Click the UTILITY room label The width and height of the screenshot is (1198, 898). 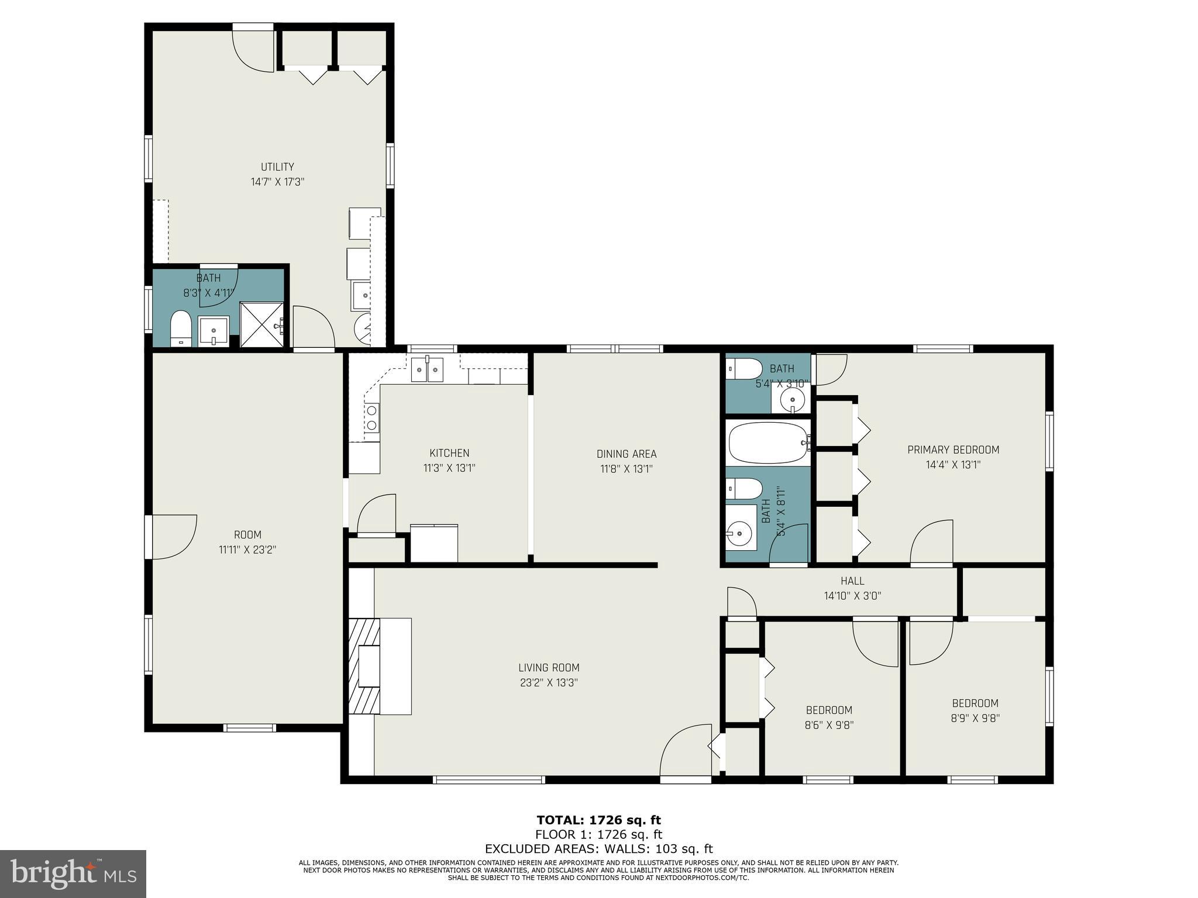pyautogui.click(x=277, y=167)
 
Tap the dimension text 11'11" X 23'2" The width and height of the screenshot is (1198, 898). pyautogui.click(x=247, y=550)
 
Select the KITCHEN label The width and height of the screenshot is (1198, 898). pyautogui.click(x=449, y=453)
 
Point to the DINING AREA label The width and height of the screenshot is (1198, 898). pyautogui.click(x=626, y=454)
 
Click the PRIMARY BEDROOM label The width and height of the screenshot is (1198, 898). pyautogui.click(x=953, y=450)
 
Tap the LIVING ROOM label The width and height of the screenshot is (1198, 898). pyautogui.click(x=549, y=668)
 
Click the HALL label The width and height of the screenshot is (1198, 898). pyautogui.click(x=852, y=581)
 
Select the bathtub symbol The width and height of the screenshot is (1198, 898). pyautogui.click(x=767, y=443)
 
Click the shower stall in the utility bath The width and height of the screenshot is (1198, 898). pyautogui.click(x=262, y=325)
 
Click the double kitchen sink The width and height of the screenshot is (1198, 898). pyautogui.click(x=427, y=369)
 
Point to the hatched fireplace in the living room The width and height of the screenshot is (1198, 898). pyautogui.click(x=364, y=666)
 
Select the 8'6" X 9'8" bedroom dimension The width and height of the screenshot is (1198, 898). pyautogui.click(x=829, y=726)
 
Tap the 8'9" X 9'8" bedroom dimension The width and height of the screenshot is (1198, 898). pyautogui.click(x=975, y=719)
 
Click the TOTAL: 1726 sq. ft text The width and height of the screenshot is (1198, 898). pyautogui.click(x=598, y=820)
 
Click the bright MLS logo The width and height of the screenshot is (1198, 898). pyautogui.click(x=73, y=873)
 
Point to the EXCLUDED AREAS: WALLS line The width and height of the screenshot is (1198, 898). pyautogui.click(x=598, y=849)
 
